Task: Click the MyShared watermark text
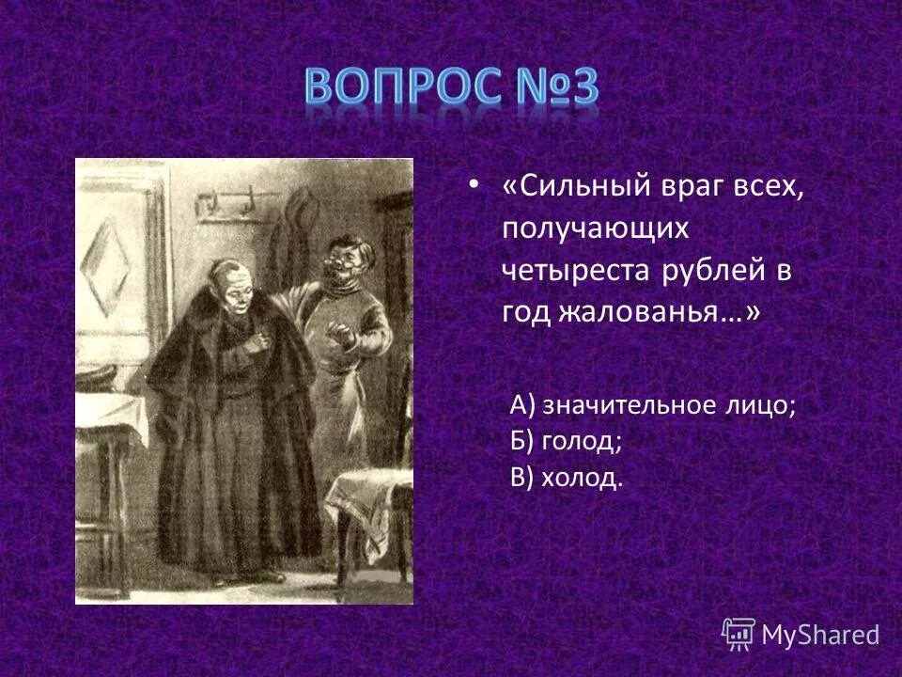click(x=819, y=635)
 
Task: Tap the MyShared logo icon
click(x=739, y=634)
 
